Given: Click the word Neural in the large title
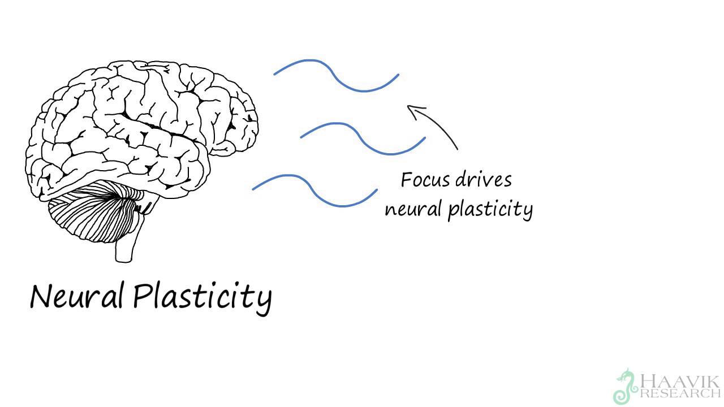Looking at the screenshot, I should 76,296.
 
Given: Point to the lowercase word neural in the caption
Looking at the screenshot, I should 413,209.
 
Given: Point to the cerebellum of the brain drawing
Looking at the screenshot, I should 93,218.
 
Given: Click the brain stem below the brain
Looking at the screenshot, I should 124,249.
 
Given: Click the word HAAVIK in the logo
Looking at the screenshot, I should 679,380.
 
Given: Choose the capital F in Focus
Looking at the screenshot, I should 407,180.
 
